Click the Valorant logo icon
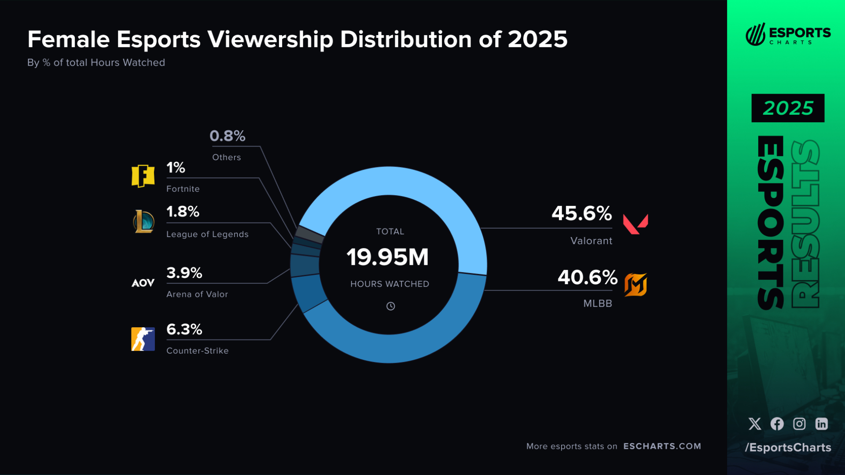(635, 224)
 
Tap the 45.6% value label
(581, 214)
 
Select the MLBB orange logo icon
(636, 285)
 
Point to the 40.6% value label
(587, 278)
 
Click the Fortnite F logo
(143, 176)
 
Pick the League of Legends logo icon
(143, 221)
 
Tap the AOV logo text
(143, 283)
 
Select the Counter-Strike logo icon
(143, 339)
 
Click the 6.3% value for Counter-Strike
(184, 329)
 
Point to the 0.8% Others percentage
(227, 136)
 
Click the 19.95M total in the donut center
(388, 257)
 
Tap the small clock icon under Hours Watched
(390, 306)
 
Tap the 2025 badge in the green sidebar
(787, 108)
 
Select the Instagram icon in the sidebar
(799, 424)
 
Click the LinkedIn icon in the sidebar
(821, 424)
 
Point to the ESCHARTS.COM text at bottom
(662, 446)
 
